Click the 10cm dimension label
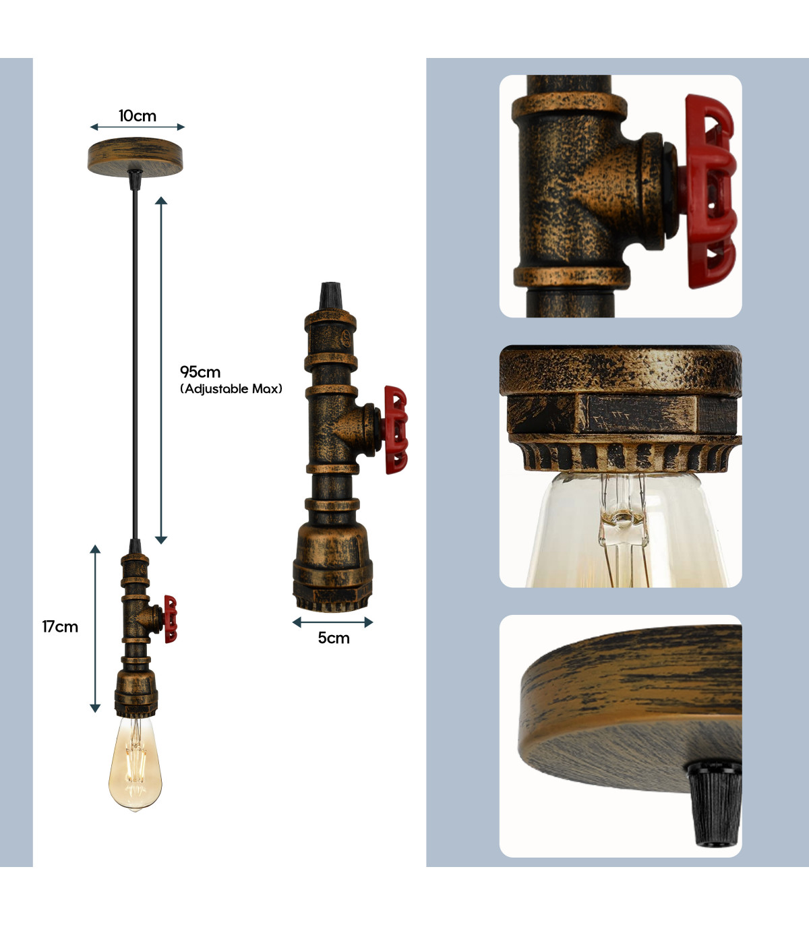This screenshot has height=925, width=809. click(138, 116)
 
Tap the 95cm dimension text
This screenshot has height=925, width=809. click(200, 372)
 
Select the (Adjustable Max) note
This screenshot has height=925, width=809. click(231, 389)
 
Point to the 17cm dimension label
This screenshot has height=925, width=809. click(60, 626)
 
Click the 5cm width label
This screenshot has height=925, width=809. click(334, 638)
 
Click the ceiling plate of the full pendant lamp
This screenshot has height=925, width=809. click(135, 156)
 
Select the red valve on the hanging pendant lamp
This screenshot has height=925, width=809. click(171, 619)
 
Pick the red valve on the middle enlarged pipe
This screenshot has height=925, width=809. click(396, 429)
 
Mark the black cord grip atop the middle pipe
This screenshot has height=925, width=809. click(331, 296)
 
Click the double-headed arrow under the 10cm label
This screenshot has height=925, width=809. click(138, 127)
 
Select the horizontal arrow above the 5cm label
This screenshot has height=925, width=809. click(332, 622)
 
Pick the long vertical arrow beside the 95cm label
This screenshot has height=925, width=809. click(161, 370)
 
